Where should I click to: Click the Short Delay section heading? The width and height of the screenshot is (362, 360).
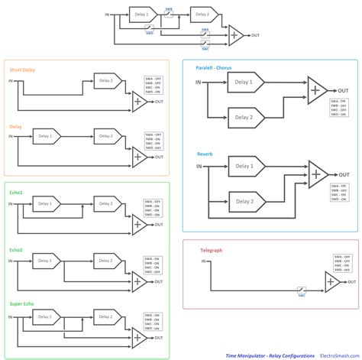click(24, 68)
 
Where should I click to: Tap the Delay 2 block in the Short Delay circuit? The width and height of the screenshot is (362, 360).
click(106, 79)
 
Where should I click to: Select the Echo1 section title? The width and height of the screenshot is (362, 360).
click(17, 193)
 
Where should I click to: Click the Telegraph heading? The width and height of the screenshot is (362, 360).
click(212, 249)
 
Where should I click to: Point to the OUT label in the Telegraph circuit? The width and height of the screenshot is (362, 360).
click(345, 287)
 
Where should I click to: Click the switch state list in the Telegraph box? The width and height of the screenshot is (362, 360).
click(342, 264)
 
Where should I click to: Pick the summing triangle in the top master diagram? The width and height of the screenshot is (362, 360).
click(236, 35)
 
